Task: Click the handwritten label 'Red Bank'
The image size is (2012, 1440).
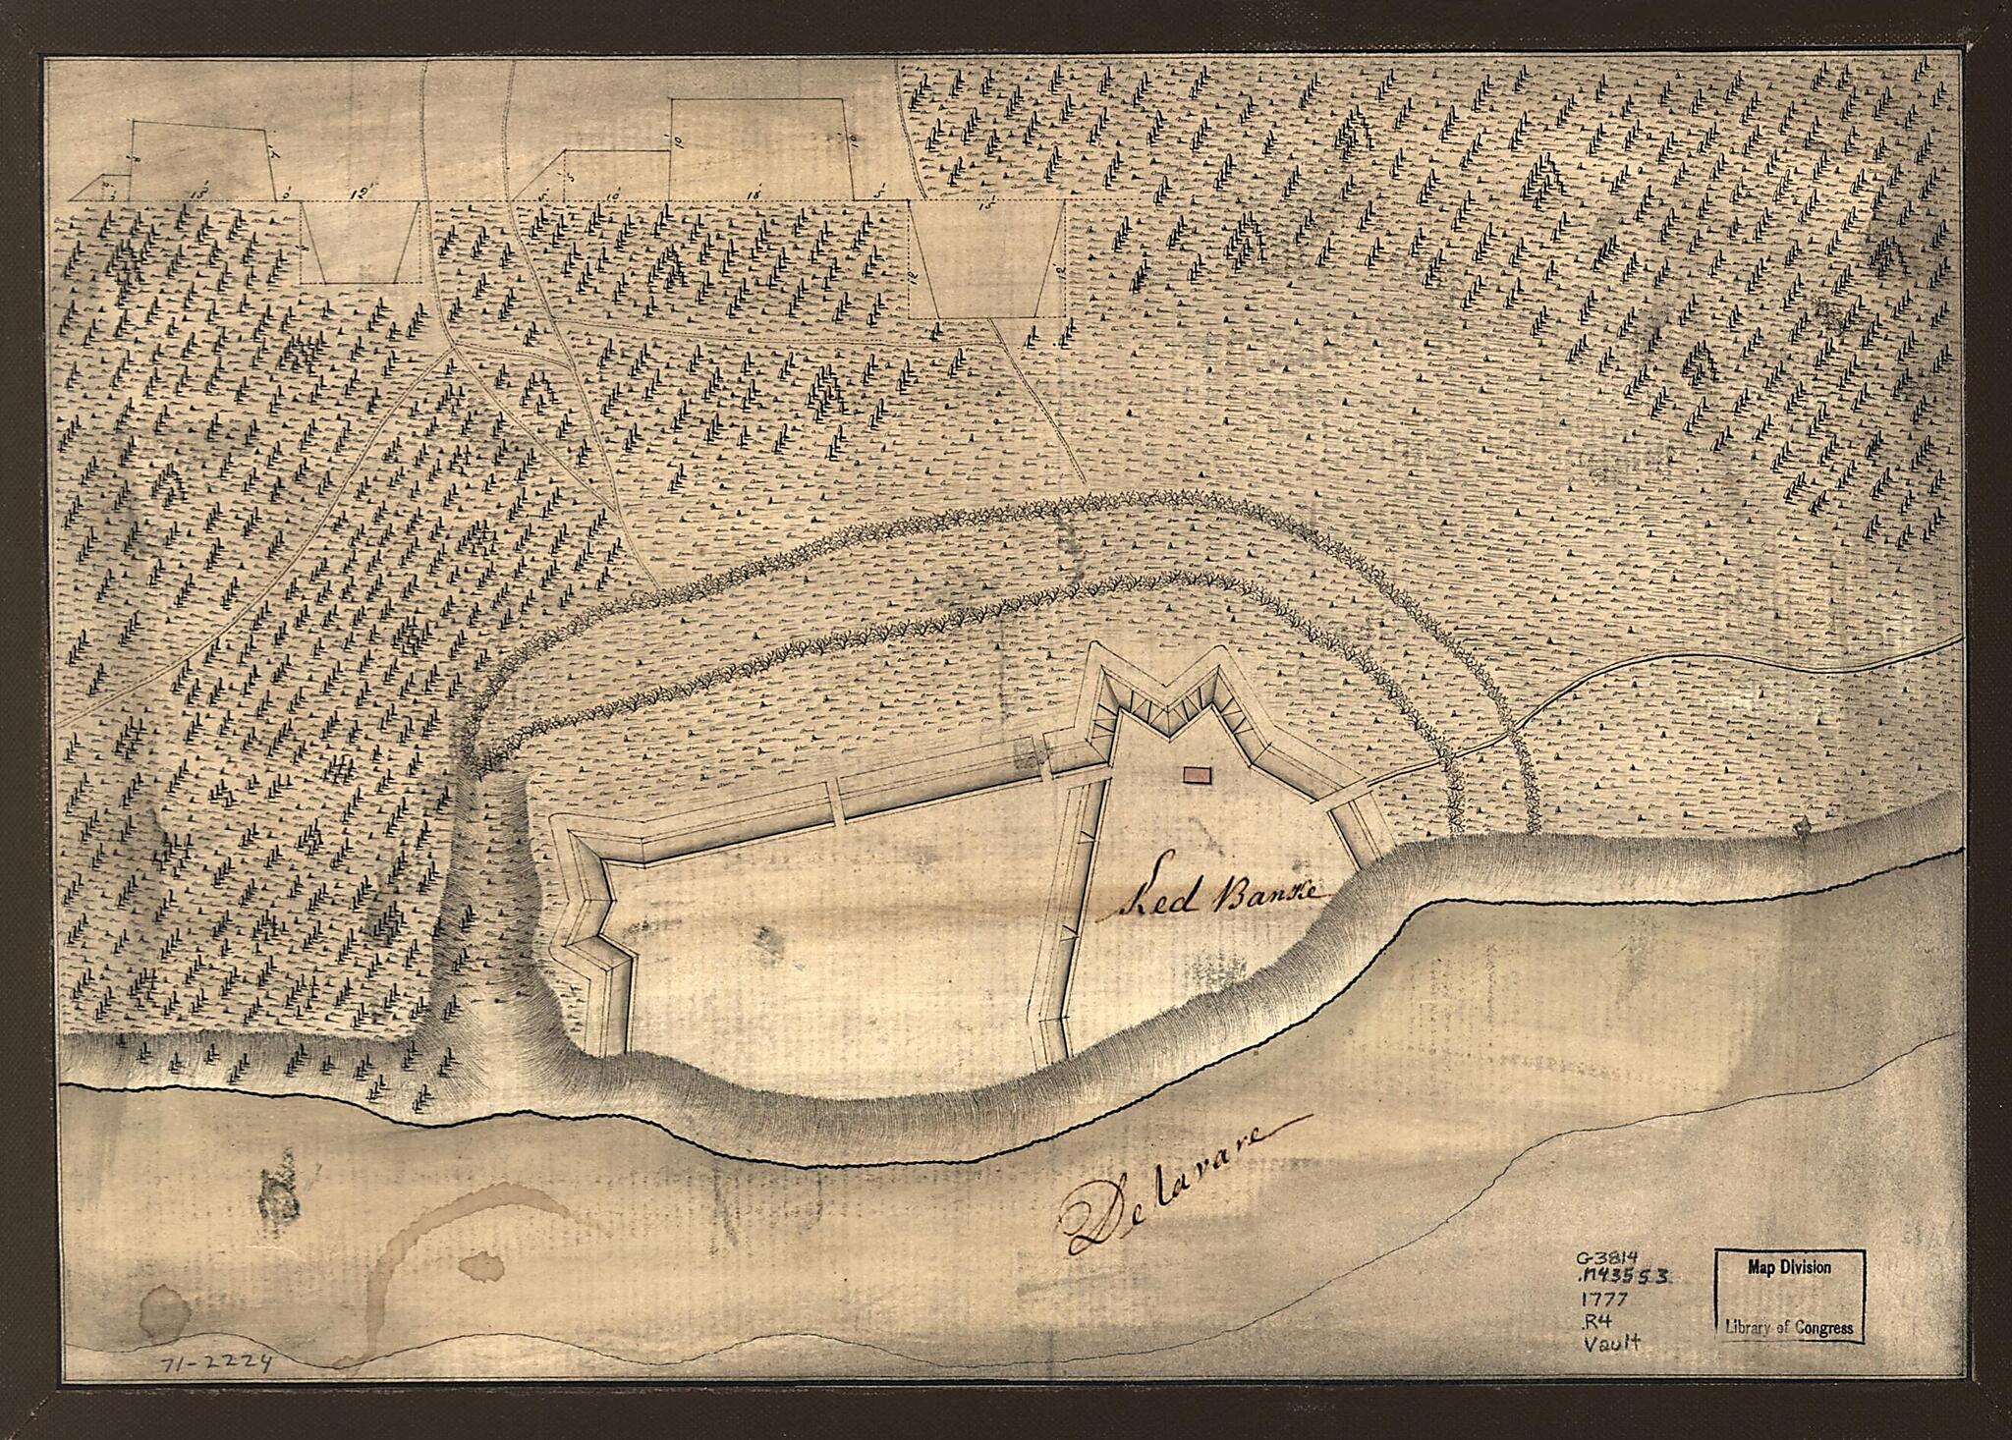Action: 1218,895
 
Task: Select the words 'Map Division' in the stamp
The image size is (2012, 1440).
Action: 1788,1267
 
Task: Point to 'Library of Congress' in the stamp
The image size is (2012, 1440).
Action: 1788,1328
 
